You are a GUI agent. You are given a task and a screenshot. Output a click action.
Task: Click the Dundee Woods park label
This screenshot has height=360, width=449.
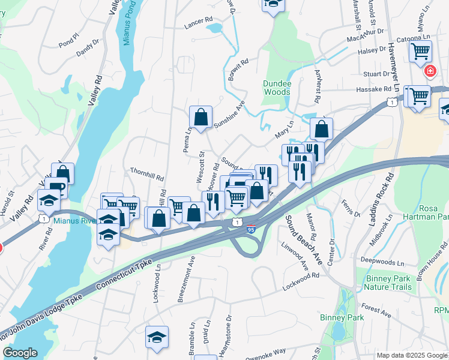click(277, 88)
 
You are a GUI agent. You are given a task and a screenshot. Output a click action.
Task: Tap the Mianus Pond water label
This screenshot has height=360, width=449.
click(127, 25)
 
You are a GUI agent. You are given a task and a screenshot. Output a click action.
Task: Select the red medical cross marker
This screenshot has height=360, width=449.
click(430, 72)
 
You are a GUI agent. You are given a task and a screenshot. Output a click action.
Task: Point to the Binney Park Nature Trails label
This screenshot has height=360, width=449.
click(388, 283)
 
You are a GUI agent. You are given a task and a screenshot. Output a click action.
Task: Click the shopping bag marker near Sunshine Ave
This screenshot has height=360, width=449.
click(200, 118)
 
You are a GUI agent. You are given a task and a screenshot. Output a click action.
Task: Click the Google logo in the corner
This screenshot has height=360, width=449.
click(20, 353)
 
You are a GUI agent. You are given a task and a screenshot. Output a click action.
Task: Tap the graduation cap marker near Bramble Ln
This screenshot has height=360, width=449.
click(157, 337)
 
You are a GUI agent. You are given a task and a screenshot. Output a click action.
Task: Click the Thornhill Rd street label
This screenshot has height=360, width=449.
click(146, 174)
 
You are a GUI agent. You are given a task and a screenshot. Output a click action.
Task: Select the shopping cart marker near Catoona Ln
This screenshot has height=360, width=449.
click(420, 51)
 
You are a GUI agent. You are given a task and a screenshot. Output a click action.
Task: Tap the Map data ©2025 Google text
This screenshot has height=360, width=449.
click(411, 355)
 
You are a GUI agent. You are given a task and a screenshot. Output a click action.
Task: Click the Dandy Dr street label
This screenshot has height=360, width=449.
click(88, 48)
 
